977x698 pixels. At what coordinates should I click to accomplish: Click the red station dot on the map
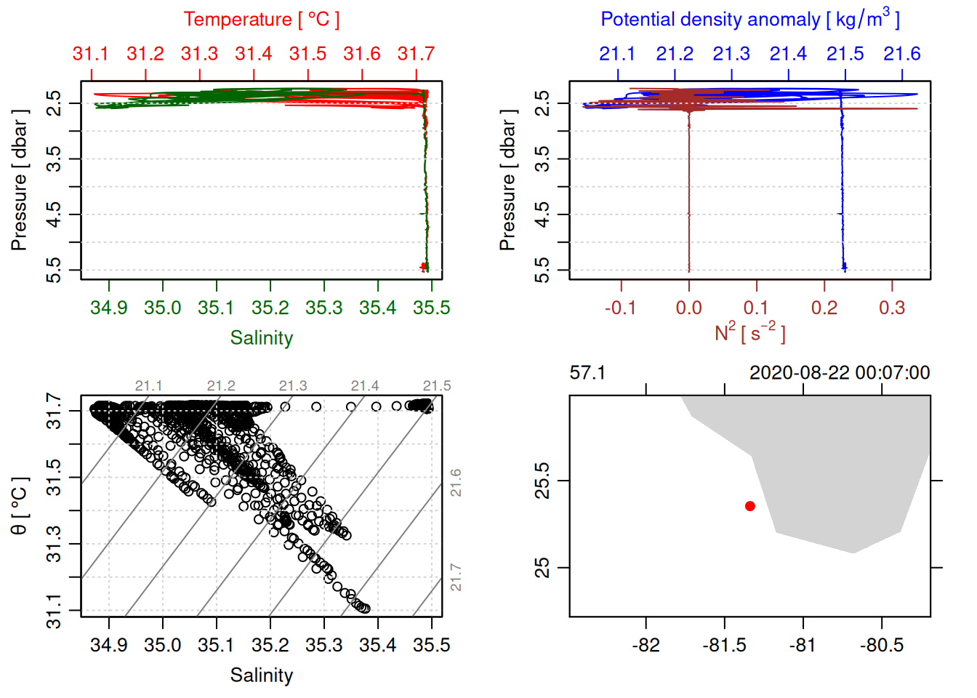749,506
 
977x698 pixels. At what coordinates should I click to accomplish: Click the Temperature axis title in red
261,20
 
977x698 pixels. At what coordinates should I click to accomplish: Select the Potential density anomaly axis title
749,19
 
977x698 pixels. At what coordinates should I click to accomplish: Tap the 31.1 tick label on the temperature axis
91,54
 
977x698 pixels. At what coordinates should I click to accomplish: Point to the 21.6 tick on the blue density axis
901,54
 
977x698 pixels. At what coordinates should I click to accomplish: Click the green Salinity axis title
261,338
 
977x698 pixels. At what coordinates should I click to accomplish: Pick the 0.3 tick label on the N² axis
891,308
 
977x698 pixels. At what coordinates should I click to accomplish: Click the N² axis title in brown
749,333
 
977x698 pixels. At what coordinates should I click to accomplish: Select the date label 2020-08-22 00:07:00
839,373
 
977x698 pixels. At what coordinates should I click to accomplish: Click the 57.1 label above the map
587,373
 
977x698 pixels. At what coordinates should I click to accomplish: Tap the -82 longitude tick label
646,646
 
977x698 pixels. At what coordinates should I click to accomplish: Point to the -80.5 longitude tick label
881,646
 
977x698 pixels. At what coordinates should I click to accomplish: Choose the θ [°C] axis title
20,506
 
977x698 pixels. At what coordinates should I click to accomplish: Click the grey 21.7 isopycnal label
456,577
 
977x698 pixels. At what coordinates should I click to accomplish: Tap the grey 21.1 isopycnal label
148,386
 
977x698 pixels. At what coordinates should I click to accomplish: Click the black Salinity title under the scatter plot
261,675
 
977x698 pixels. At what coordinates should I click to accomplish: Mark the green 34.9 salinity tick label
108,308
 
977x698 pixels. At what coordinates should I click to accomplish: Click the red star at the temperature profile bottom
423,267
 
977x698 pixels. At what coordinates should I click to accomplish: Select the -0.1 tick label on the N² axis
620,308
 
